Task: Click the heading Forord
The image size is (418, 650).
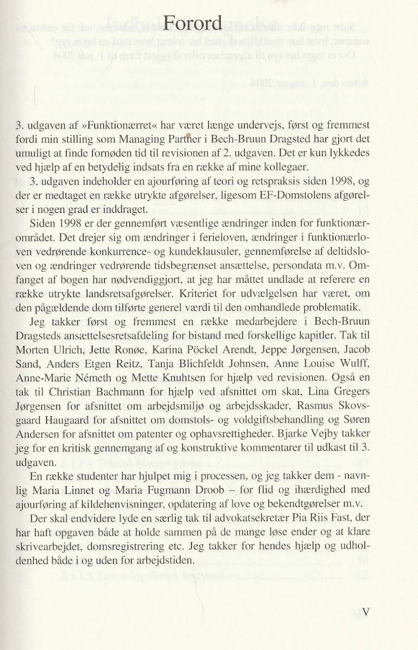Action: click(x=192, y=23)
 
